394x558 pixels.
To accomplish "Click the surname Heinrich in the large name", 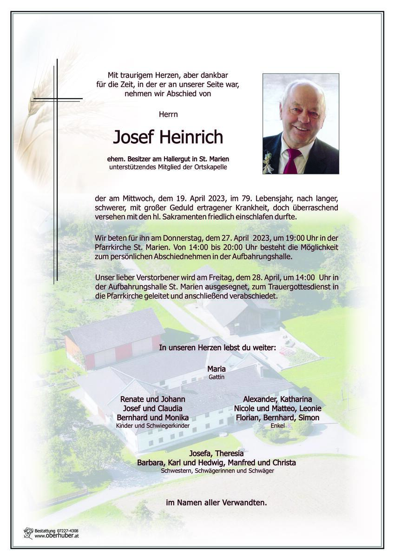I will click(x=192, y=137).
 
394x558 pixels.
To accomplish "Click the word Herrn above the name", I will click(x=168, y=113).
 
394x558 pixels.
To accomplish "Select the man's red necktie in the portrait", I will click(x=292, y=161).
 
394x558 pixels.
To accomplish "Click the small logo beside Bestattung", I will click(x=29, y=533).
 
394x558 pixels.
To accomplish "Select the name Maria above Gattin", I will click(x=217, y=369).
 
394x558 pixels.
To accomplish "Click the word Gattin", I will click(x=217, y=377).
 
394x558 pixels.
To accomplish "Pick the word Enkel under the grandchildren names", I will click(x=277, y=425).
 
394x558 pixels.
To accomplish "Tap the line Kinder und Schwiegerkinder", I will click(x=153, y=425).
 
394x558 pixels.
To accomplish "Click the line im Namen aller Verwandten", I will click(x=217, y=502).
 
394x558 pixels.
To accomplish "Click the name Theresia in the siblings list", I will click(x=228, y=454).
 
